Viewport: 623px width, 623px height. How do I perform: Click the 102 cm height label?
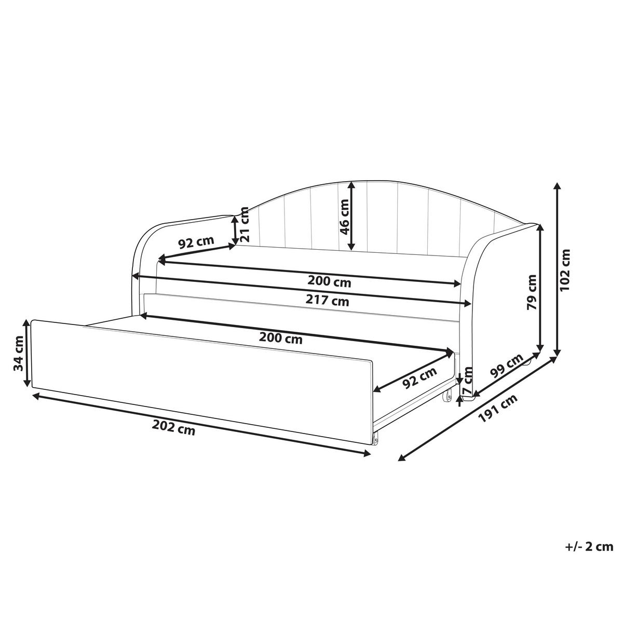(565, 269)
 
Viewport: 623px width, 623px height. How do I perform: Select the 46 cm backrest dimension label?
(345, 216)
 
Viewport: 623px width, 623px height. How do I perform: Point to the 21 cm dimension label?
(245, 225)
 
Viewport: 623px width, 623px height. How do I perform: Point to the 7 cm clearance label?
(468, 382)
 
